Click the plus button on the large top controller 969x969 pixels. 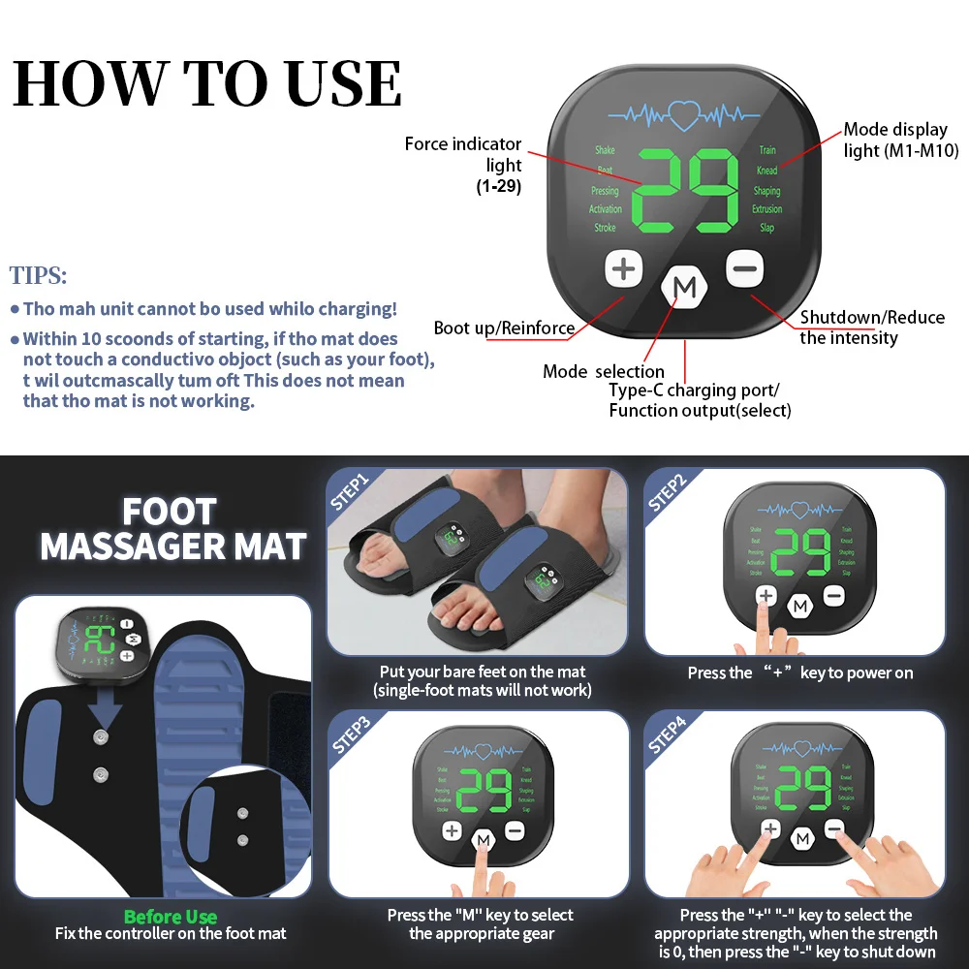coord(625,269)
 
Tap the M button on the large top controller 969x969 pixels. coord(685,288)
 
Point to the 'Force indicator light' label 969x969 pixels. coord(463,155)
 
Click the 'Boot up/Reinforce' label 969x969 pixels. coord(504,328)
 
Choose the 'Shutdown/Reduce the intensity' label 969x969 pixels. coord(871,328)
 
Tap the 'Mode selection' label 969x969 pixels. coord(604,371)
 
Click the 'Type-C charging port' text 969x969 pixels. coord(694,391)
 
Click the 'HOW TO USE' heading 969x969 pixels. coord(207,83)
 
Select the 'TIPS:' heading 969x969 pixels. coord(39,275)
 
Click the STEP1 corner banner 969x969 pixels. coord(350,489)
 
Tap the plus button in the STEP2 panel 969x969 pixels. coord(766,596)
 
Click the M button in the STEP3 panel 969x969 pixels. coord(483,839)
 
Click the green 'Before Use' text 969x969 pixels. coord(171,917)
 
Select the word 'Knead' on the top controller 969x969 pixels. coord(766,171)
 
